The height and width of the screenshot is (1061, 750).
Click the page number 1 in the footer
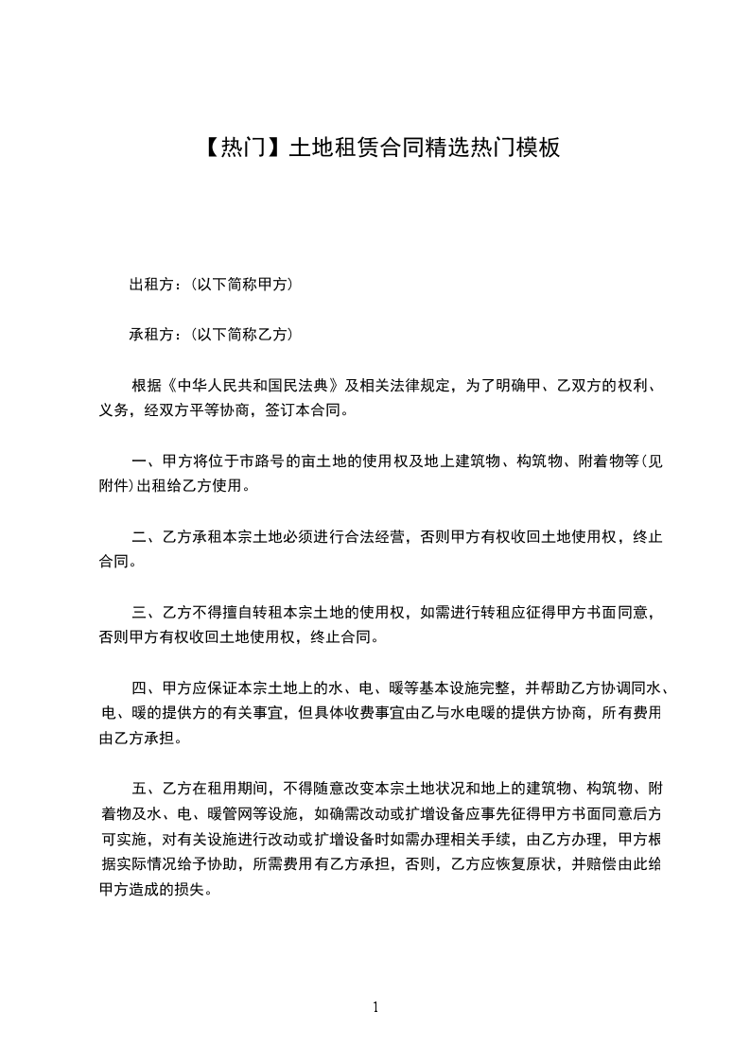(375, 1007)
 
